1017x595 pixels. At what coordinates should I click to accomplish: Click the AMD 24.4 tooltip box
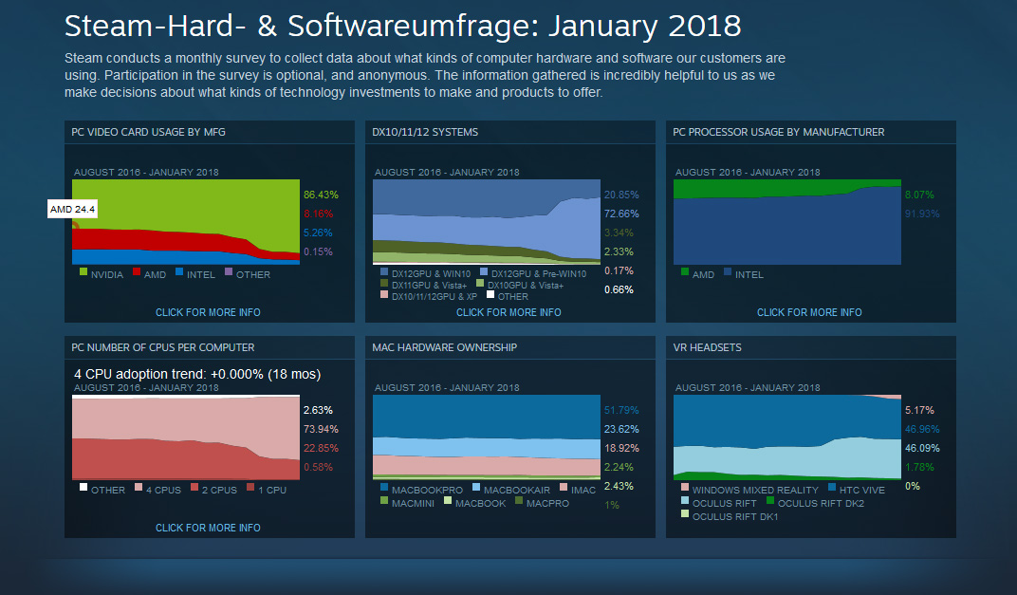72,209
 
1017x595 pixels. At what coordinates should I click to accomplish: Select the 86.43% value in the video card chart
321,195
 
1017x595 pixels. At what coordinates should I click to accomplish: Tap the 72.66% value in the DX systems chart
621,214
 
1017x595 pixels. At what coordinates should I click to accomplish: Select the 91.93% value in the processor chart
922,214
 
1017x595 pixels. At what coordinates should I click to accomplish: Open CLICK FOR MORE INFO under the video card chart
208,312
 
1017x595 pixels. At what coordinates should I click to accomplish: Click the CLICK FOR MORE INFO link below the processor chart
809,312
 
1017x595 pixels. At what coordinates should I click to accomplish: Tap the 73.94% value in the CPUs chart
321,429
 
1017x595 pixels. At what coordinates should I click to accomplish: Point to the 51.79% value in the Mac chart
621,410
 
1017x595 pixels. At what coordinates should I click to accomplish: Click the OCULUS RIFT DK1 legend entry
735,516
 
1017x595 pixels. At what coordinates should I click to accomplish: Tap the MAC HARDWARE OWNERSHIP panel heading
444,347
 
